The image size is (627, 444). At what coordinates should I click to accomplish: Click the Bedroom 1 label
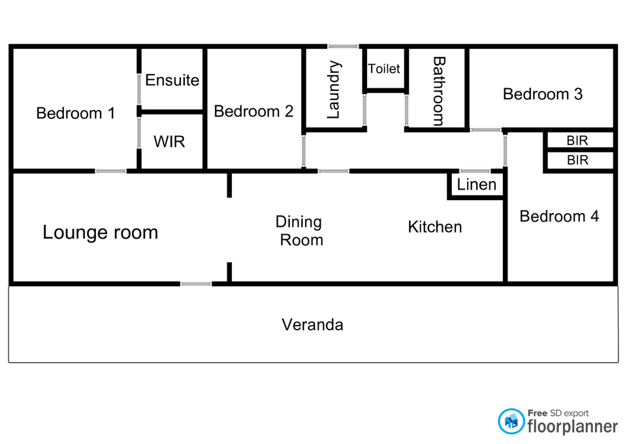coord(76,113)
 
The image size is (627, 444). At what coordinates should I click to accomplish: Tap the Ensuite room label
coord(172,80)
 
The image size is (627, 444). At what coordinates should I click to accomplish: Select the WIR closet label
coord(169,142)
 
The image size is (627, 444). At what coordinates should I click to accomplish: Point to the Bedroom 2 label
coord(253,111)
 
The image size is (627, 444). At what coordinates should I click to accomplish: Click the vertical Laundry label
coord(334,90)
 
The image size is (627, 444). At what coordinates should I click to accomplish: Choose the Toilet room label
coord(384,69)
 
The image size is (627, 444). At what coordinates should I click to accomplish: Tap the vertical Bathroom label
coord(439,92)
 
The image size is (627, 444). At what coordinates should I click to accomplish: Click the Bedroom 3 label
coord(543,94)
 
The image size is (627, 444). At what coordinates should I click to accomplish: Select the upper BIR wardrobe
coord(577,141)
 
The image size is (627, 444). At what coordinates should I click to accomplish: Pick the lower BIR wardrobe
coord(577,160)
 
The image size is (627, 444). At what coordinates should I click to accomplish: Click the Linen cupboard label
coord(476,184)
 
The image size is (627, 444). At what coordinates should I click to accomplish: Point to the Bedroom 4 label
coord(559,216)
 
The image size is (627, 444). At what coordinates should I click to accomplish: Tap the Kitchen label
coord(435,227)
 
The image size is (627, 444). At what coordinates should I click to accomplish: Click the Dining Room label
coord(299,231)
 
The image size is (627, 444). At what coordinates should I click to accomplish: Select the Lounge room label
coord(101,232)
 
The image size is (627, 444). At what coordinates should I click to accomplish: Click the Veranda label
coord(312,325)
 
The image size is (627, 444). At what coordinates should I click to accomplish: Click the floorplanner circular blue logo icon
coord(511,421)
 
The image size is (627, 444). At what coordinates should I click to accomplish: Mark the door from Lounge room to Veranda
coord(196,284)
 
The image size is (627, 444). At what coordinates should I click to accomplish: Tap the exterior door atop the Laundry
coord(343,46)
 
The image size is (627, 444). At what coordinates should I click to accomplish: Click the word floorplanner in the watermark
coord(572,426)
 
